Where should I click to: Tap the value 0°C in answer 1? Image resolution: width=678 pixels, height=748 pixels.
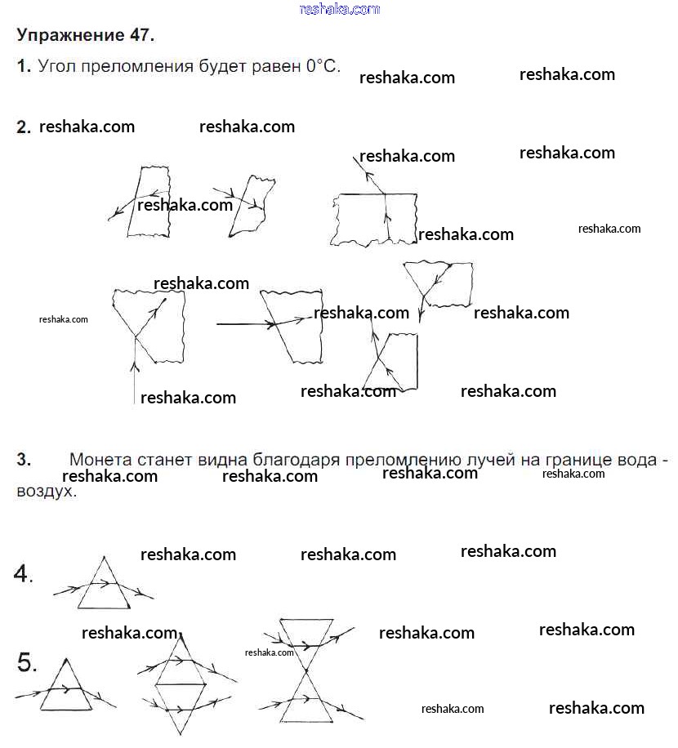(x=323, y=66)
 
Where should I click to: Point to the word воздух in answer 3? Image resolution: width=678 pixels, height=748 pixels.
(x=44, y=492)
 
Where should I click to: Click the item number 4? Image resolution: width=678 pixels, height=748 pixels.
(x=23, y=575)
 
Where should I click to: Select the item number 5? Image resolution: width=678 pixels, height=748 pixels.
(x=26, y=664)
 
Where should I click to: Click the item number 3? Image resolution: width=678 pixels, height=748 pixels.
(x=24, y=461)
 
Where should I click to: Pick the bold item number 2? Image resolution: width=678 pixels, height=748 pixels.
(x=24, y=127)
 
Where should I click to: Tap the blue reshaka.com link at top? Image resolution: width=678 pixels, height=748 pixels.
(x=340, y=9)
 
